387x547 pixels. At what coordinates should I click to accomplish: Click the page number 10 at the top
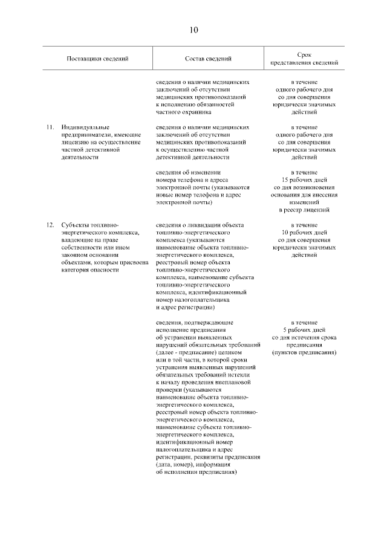(x=193, y=30)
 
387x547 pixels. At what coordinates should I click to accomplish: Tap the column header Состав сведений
(x=208, y=59)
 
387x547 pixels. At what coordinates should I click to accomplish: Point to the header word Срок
(x=304, y=54)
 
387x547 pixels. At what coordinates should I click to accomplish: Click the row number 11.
(x=50, y=128)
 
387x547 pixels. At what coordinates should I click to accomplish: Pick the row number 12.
(x=50, y=225)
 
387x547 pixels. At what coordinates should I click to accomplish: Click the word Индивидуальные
(x=85, y=128)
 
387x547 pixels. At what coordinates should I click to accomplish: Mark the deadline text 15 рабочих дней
(x=304, y=180)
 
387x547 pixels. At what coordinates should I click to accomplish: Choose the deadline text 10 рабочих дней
(x=304, y=233)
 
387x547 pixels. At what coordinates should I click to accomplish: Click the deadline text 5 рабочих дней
(x=304, y=330)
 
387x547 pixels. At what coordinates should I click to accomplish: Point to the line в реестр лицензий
(x=304, y=210)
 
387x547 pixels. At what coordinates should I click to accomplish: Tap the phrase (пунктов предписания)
(x=304, y=352)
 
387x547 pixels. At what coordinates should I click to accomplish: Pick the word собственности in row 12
(x=82, y=247)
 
